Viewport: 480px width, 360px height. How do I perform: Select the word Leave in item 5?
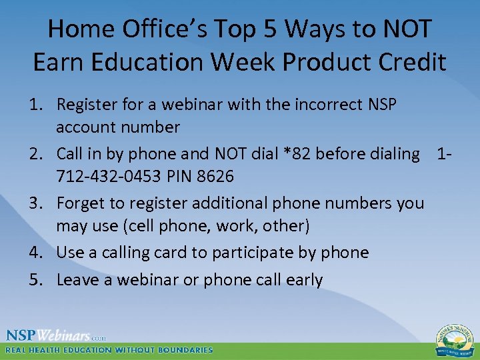tap(78, 280)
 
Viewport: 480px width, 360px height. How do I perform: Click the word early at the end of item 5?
tap(303, 280)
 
